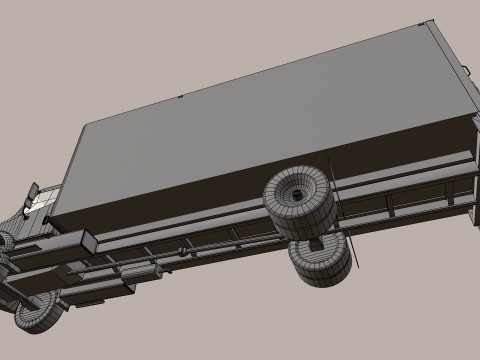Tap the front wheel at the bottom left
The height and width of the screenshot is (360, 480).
tap(35, 318)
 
